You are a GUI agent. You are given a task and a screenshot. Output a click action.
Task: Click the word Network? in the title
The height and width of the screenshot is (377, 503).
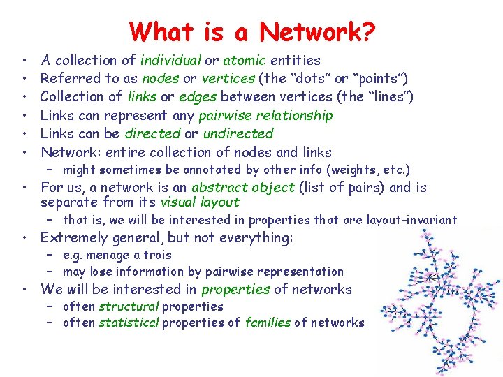pos(317,32)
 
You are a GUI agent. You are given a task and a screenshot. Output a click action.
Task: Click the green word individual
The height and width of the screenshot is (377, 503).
pos(170,61)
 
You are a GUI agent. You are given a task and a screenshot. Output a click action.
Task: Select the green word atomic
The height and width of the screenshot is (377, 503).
pos(245,61)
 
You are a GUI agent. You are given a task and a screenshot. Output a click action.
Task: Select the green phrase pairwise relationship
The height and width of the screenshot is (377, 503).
pos(265,115)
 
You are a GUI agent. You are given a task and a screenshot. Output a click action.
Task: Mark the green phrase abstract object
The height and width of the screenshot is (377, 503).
pos(242,187)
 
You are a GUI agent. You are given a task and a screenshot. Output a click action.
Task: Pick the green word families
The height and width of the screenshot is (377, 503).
pos(268,323)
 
